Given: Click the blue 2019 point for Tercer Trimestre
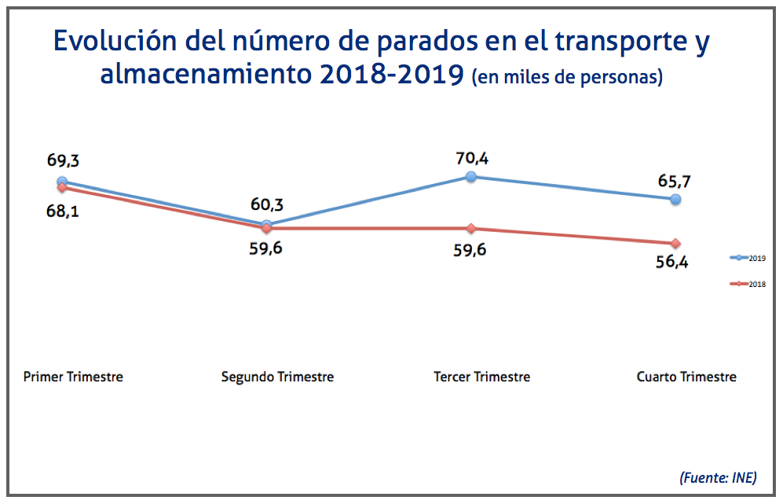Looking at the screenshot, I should point(470,177).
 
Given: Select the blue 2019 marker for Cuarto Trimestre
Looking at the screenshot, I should point(675,199).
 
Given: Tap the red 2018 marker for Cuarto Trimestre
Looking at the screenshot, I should point(675,243).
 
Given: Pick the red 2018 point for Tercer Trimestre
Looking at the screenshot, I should point(470,228).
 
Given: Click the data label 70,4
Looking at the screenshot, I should point(472,159).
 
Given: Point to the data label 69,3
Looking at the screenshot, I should point(64,161).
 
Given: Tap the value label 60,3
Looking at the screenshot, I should point(266,205).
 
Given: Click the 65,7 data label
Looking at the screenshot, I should point(674,181).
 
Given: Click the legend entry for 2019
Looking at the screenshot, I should point(749,257).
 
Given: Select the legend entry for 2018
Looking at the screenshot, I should point(749,284).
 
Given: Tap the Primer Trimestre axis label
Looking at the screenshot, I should point(73,377).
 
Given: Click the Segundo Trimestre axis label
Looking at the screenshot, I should point(277,377).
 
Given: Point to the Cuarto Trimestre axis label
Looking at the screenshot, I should point(686,377).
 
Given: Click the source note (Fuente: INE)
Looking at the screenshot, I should point(718,476).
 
